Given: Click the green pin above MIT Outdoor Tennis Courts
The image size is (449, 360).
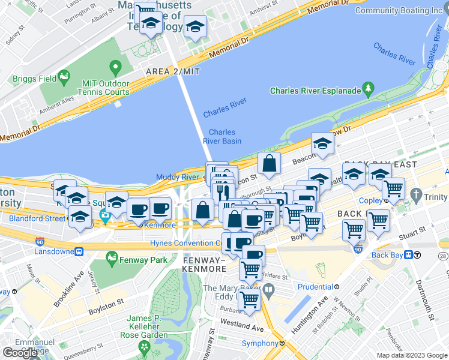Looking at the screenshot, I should pos(114,67).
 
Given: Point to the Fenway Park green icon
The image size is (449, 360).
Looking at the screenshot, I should pos(111,260).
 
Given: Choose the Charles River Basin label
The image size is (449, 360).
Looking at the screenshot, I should pos(221,137).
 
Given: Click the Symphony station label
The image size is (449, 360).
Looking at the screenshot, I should pos(260,343).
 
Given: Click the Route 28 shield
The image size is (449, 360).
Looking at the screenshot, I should pos(443,256).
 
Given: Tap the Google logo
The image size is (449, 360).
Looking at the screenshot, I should pos(20,353).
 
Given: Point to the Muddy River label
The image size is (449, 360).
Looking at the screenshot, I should pos(177,177).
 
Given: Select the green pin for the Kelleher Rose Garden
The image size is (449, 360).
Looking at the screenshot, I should pos(144,347).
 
